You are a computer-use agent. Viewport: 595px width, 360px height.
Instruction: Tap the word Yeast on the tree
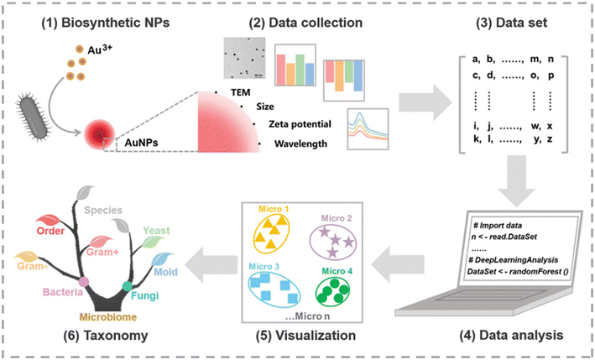[156, 229]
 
